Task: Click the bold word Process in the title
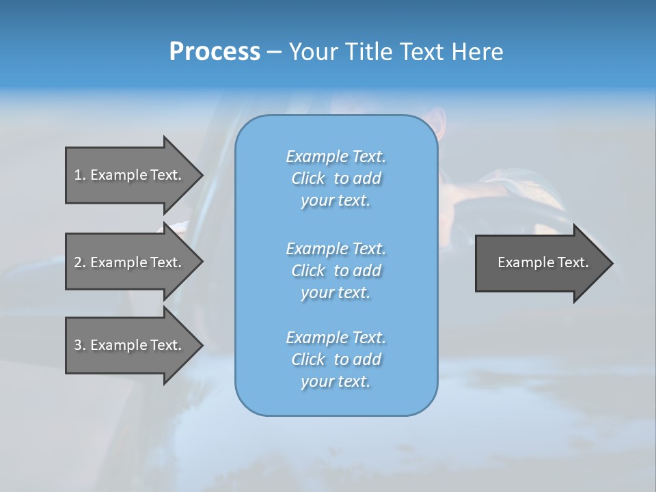(x=215, y=52)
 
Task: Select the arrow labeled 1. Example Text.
(x=128, y=175)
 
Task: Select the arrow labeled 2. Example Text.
(x=128, y=262)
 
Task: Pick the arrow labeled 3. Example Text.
(x=128, y=345)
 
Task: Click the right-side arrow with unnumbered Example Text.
(x=543, y=262)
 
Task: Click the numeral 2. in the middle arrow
(x=79, y=262)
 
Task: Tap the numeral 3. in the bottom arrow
(x=79, y=345)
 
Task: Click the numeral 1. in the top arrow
(x=79, y=175)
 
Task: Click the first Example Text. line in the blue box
(x=336, y=156)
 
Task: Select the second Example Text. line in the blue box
(x=336, y=249)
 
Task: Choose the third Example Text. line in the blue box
(x=336, y=338)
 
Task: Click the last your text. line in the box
(x=336, y=381)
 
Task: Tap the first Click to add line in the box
(x=336, y=178)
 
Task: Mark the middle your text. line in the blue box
(x=336, y=292)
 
